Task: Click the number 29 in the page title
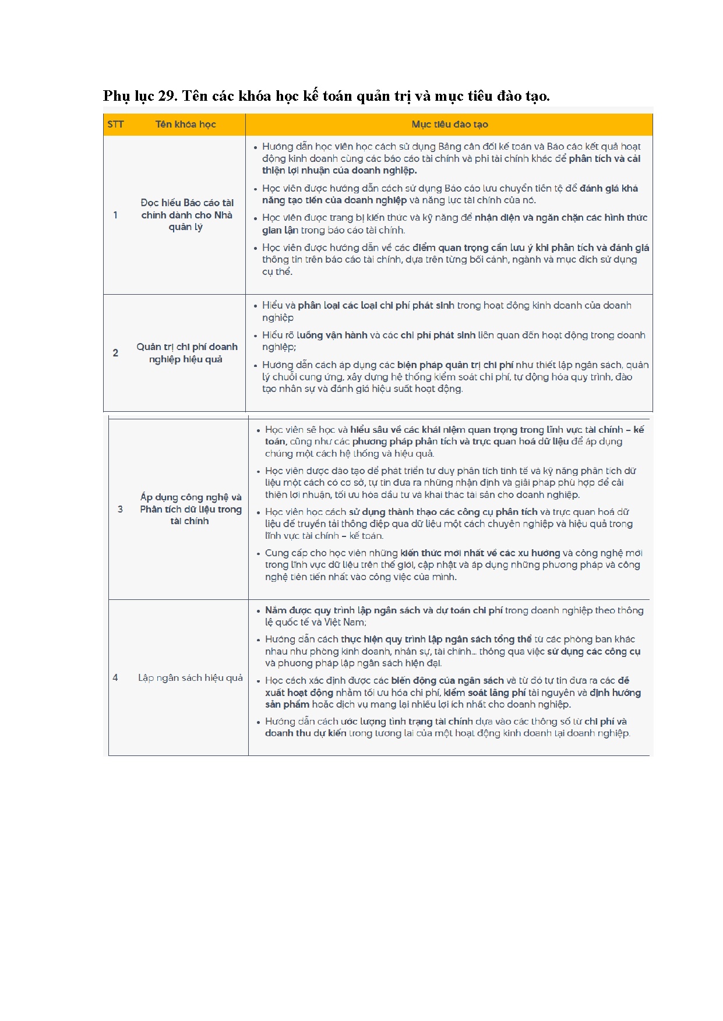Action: [x=167, y=96]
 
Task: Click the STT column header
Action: [x=115, y=124]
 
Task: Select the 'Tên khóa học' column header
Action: [x=185, y=124]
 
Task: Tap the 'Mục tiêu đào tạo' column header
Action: [x=449, y=124]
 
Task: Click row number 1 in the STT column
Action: [x=115, y=215]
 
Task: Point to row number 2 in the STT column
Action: [x=115, y=353]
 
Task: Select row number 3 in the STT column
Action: [x=120, y=509]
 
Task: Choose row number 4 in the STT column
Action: [x=115, y=677]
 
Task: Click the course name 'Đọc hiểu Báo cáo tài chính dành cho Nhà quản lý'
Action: [x=186, y=215]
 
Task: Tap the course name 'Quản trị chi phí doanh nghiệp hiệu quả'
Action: [x=186, y=353]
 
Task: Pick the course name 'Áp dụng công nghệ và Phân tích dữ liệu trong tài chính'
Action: [x=191, y=509]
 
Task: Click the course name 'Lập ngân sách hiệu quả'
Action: [x=190, y=677]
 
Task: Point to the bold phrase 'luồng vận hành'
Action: [x=331, y=335]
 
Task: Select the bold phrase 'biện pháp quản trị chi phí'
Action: [x=455, y=365]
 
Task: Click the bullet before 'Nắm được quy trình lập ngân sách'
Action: [x=258, y=611]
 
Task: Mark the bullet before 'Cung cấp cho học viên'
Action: [x=258, y=553]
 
